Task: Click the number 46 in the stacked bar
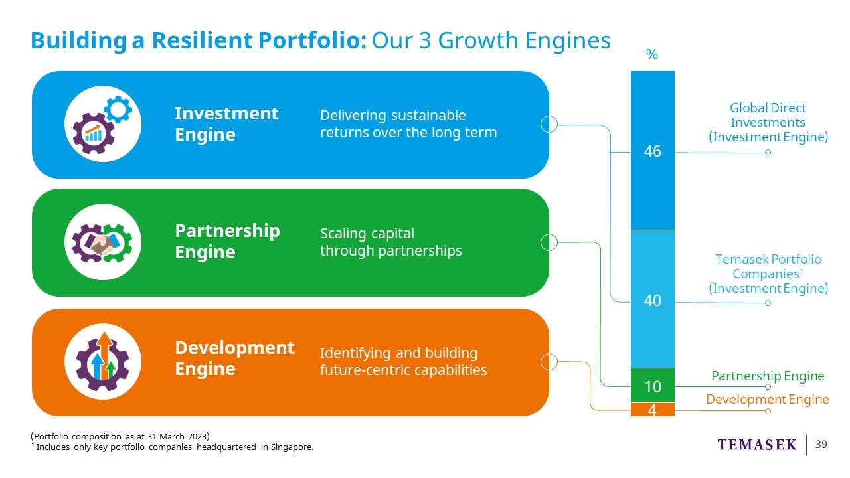pos(652,151)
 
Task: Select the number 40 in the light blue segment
pos(652,301)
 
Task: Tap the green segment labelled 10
pos(653,386)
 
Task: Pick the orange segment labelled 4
pos(653,410)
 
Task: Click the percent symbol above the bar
pos(652,54)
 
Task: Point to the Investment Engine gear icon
pos(103,124)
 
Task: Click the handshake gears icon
pos(103,242)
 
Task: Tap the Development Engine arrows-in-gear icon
pos(103,362)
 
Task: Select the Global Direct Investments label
pos(768,123)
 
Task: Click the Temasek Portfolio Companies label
pos(768,274)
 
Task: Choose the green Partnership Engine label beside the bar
pos(768,376)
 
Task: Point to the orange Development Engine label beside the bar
pos(767,399)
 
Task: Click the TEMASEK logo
pos(756,445)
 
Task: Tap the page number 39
pos(821,445)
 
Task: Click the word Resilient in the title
pos(202,40)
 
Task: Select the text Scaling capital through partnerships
pos(391,242)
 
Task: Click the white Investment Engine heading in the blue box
pos(226,123)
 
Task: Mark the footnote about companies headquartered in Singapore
pos(172,447)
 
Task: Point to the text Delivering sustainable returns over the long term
pos(408,124)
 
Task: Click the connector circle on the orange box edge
pos(549,362)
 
